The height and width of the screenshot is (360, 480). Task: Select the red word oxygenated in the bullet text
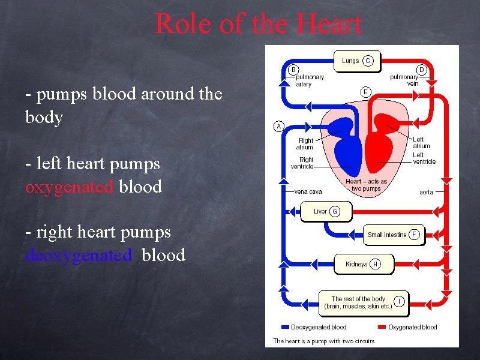[70, 187]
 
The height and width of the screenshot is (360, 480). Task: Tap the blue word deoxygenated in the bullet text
[79, 255]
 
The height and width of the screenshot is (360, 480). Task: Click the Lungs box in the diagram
[351, 61]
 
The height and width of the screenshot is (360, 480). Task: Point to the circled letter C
[368, 61]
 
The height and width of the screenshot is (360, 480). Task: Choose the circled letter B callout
[294, 70]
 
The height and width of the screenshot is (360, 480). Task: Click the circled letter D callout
[421, 70]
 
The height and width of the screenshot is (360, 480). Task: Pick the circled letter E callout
[365, 92]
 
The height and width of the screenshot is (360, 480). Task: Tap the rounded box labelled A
[278, 126]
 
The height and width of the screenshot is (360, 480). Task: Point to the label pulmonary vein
[404, 80]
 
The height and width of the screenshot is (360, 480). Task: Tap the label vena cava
[308, 192]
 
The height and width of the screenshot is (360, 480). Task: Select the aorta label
[426, 192]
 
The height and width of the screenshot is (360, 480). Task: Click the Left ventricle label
[424, 158]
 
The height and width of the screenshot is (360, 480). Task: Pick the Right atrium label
[305, 144]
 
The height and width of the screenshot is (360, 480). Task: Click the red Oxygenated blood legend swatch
[382, 328]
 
